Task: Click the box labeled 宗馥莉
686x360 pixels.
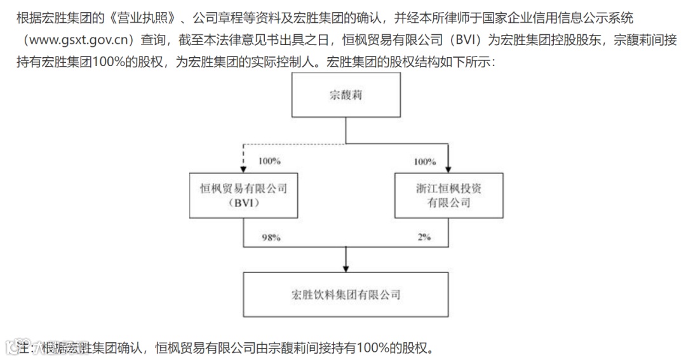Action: click(x=346, y=96)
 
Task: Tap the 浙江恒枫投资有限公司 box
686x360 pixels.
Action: click(x=448, y=196)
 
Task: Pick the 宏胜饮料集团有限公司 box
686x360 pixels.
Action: click(x=346, y=295)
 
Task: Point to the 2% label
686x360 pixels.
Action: click(x=424, y=237)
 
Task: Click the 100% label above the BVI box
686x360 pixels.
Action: click(x=269, y=161)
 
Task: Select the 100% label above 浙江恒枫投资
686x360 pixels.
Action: click(x=424, y=161)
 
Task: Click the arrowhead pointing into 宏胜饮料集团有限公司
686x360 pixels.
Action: click(x=346, y=267)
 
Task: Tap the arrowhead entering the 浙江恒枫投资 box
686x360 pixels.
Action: click(x=448, y=168)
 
